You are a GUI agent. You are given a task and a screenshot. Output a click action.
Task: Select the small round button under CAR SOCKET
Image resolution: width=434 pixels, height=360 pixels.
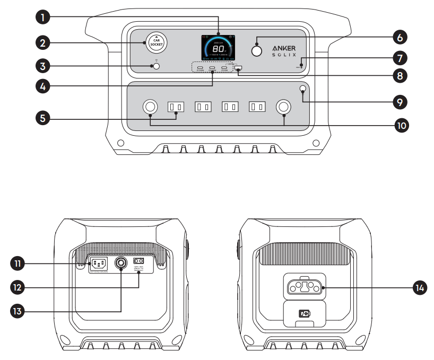[155, 67]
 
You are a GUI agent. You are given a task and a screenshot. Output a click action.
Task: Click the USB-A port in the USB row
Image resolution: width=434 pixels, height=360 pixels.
[238, 68]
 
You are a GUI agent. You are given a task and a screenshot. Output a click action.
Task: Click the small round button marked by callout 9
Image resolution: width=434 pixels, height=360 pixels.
[302, 89]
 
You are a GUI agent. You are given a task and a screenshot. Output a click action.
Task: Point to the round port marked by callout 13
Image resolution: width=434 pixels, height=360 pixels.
[121, 262]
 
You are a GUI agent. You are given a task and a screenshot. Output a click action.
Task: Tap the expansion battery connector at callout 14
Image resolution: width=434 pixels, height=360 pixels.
[305, 287]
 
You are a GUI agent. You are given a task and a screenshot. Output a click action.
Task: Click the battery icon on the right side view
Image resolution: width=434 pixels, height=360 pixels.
[305, 313]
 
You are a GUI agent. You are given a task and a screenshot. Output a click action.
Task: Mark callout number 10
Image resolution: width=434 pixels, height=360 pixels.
[401, 126]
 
